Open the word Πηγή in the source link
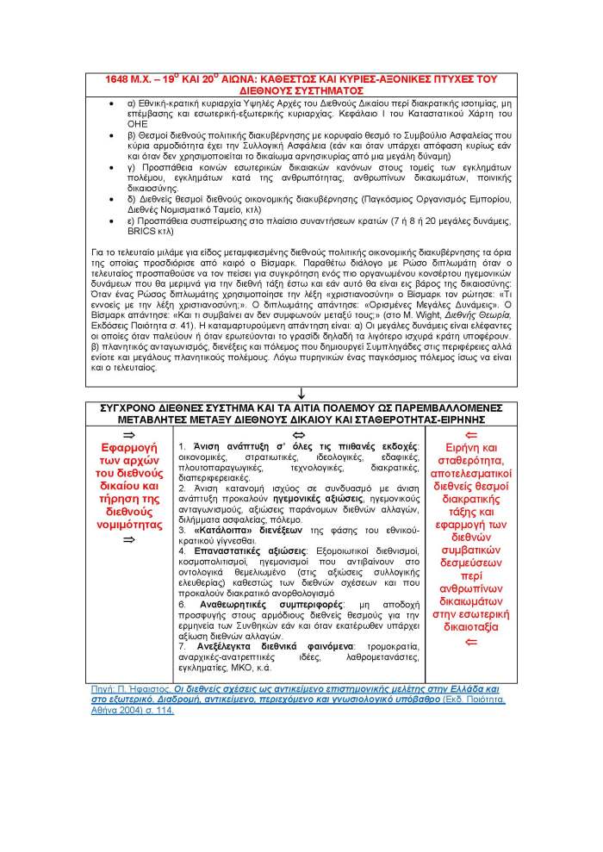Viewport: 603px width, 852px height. [102, 690]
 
